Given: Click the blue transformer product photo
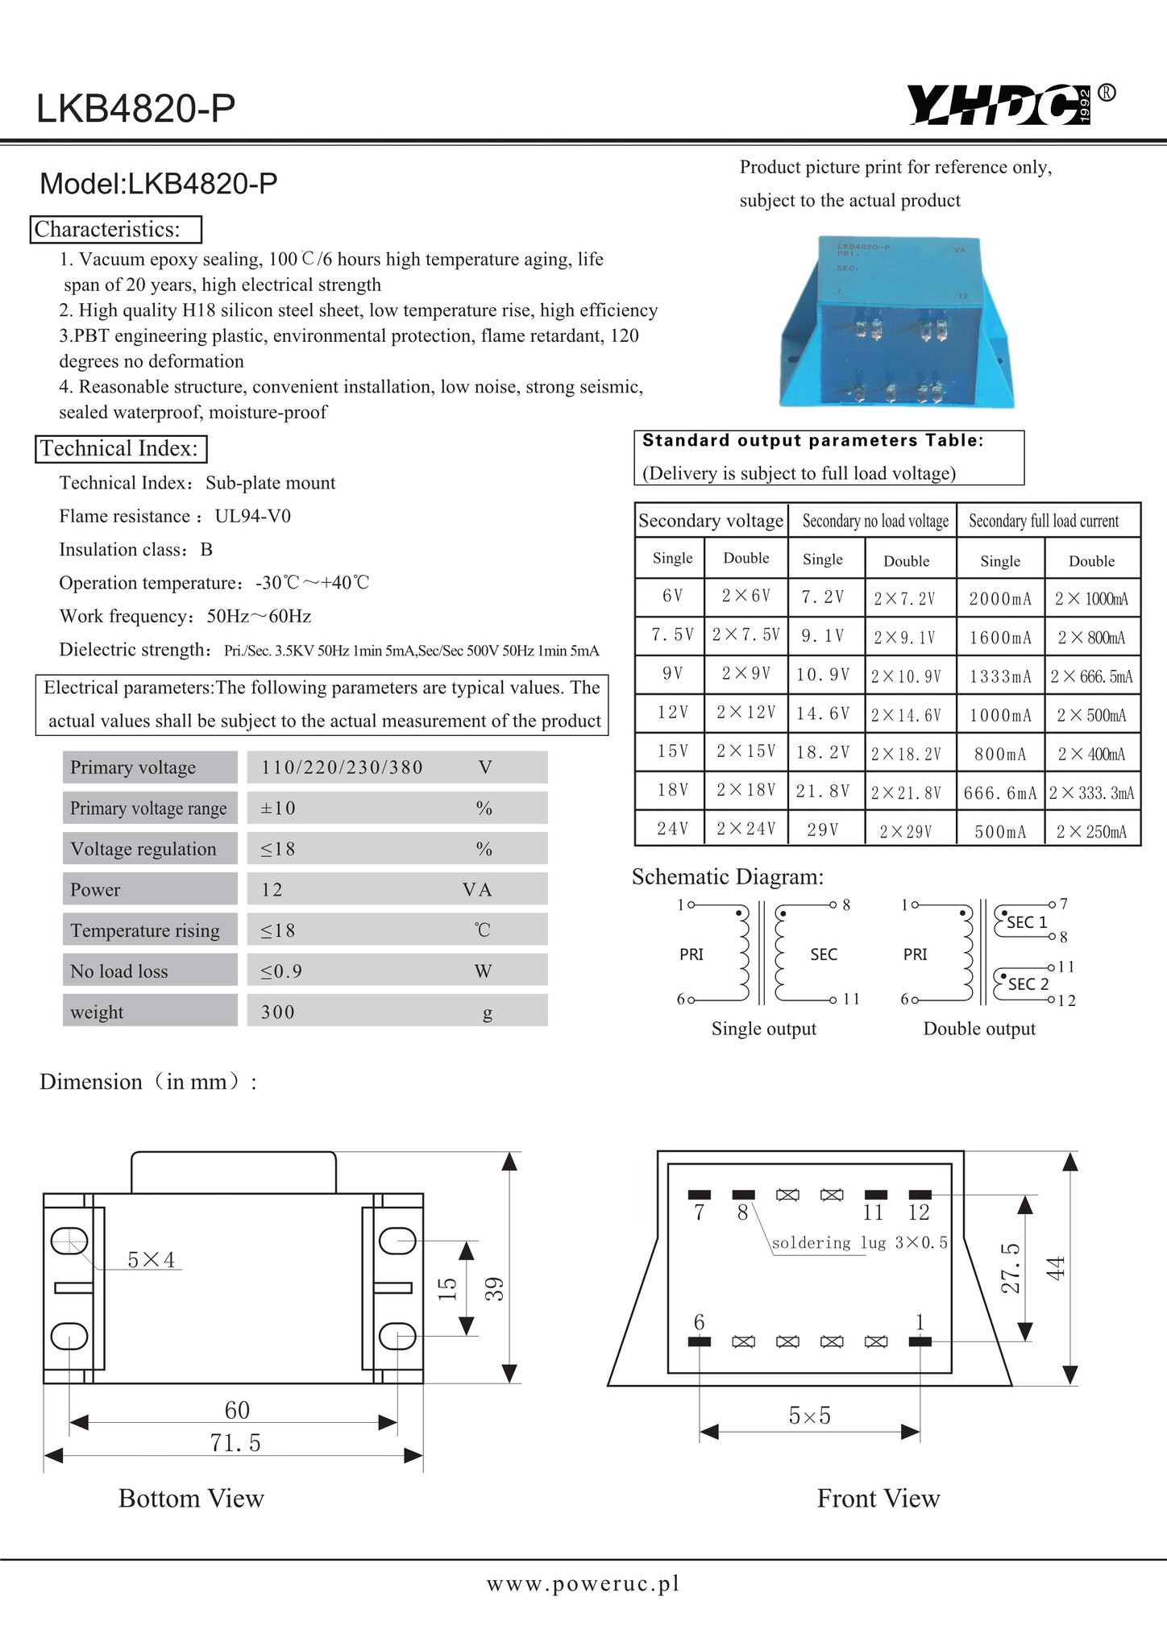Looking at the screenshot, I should [x=895, y=322].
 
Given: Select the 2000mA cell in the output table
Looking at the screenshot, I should [x=1000, y=599].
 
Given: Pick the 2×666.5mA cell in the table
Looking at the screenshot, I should [x=1091, y=676].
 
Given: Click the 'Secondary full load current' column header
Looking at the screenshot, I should [x=1044, y=522].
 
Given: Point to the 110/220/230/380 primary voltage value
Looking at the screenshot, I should [x=342, y=767].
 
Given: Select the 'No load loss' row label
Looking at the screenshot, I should [x=119, y=971].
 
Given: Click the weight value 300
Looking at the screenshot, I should [x=278, y=1013].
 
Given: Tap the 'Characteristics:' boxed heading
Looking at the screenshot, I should [x=116, y=230].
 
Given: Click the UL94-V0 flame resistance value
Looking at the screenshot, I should [x=253, y=517].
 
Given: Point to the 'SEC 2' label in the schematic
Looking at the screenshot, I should [x=1028, y=984].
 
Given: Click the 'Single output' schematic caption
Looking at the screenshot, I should [x=763, y=1029].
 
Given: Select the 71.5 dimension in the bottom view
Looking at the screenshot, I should [x=235, y=1443].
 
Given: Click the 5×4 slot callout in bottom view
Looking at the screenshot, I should [x=152, y=1260].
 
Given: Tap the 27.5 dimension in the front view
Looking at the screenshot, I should [x=1010, y=1267].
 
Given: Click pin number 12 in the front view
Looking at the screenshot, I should [x=919, y=1212].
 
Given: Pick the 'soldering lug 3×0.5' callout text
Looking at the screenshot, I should [x=859, y=1243].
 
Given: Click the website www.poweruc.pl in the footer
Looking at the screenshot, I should [x=583, y=1584].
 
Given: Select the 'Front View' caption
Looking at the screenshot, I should [x=878, y=1499].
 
